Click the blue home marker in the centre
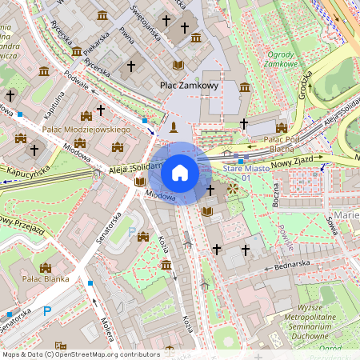pos(180,172)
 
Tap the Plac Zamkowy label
pos(189,85)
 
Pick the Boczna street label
pos(275,195)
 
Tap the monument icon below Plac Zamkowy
pos(173,127)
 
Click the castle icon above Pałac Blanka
pos(45,267)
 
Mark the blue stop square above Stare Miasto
pos(240,161)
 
